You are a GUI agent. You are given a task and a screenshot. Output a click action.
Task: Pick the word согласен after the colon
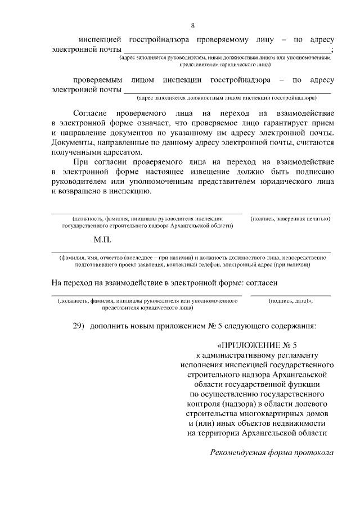[x=260, y=281]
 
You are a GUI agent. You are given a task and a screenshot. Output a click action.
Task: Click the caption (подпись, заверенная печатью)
[x=290, y=218]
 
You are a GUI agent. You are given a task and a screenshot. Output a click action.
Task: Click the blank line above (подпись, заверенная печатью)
[x=290, y=213]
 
